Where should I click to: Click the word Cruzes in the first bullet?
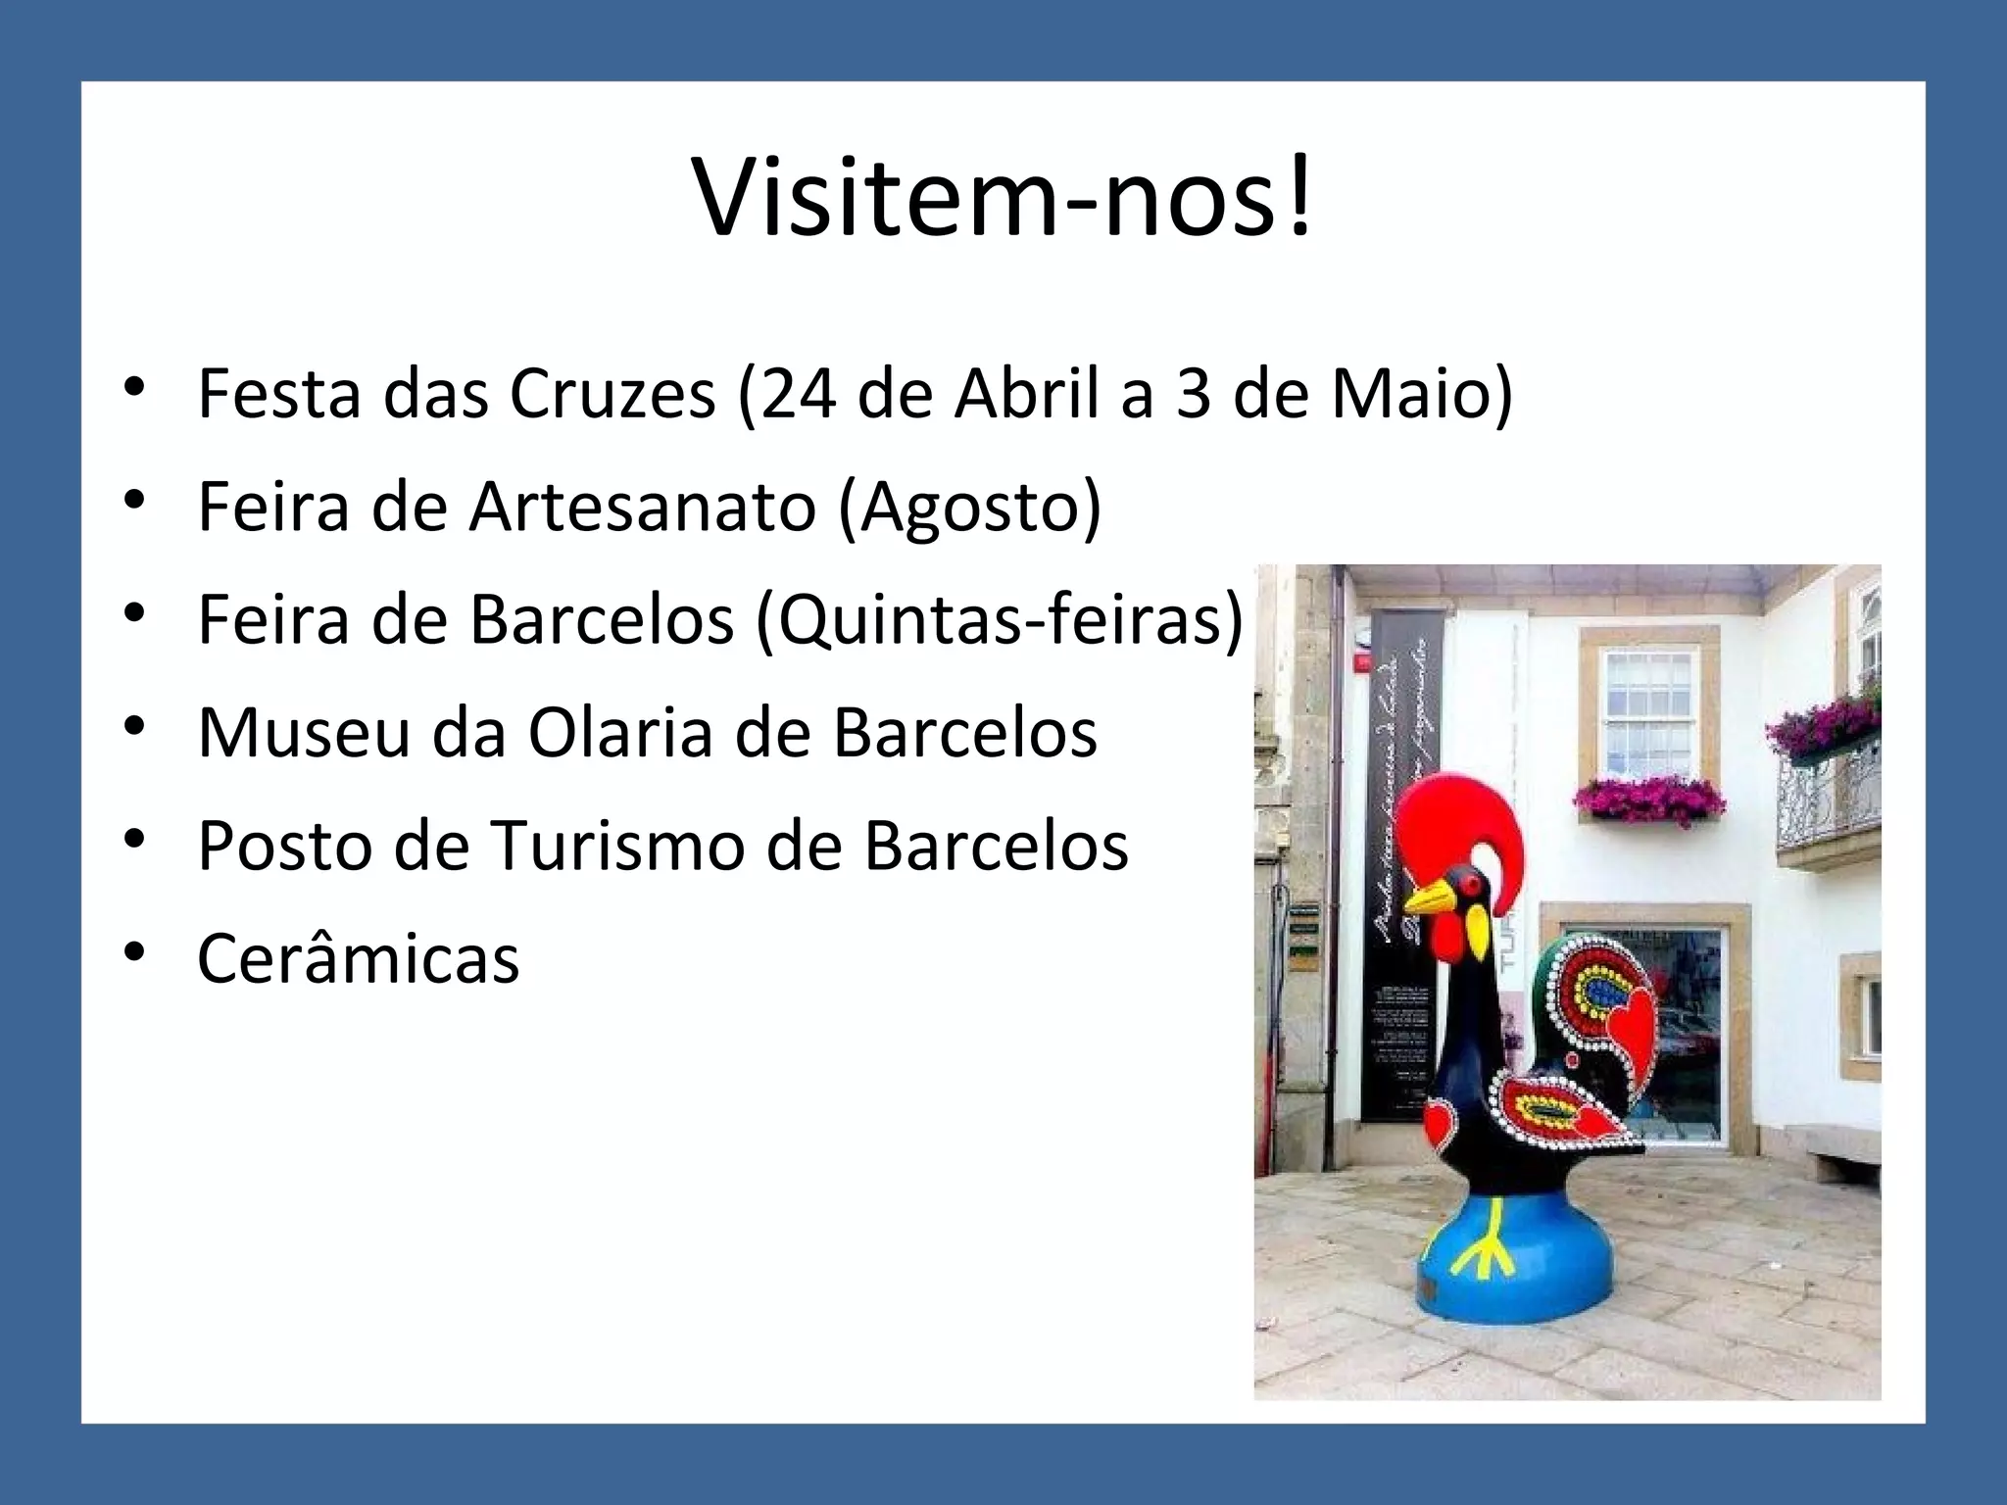pyautogui.click(x=612, y=394)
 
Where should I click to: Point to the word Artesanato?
pyautogui.click(x=642, y=508)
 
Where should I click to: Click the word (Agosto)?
pyautogui.click(x=970, y=508)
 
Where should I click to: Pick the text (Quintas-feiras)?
pyautogui.click(x=1000, y=619)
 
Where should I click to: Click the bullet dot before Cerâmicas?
pyautogui.click(x=134, y=952)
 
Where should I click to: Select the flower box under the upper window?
pyautogui.click(x=1649, y=799)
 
